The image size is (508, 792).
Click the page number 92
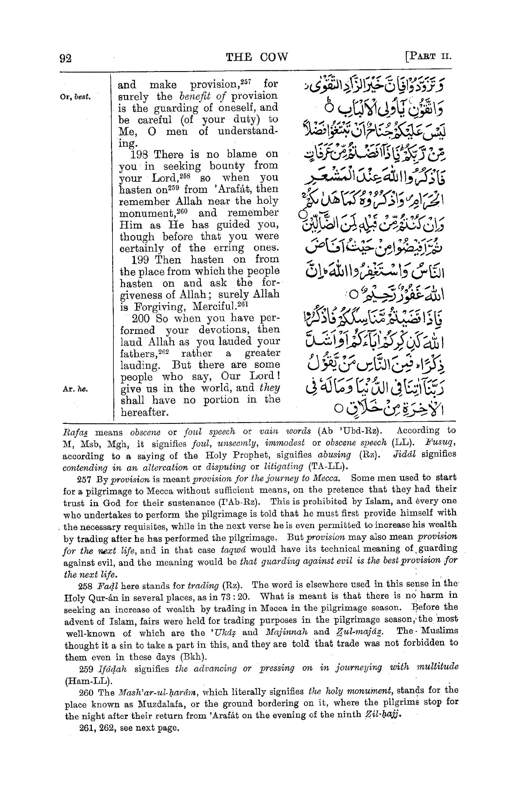(65, 58)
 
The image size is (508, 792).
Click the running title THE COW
(257, 57)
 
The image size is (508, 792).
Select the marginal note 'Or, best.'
(76, 98)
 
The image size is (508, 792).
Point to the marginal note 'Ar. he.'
(75, 389)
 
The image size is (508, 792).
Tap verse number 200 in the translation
(141, 319)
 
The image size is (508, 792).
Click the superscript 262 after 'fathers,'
(164, 352)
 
